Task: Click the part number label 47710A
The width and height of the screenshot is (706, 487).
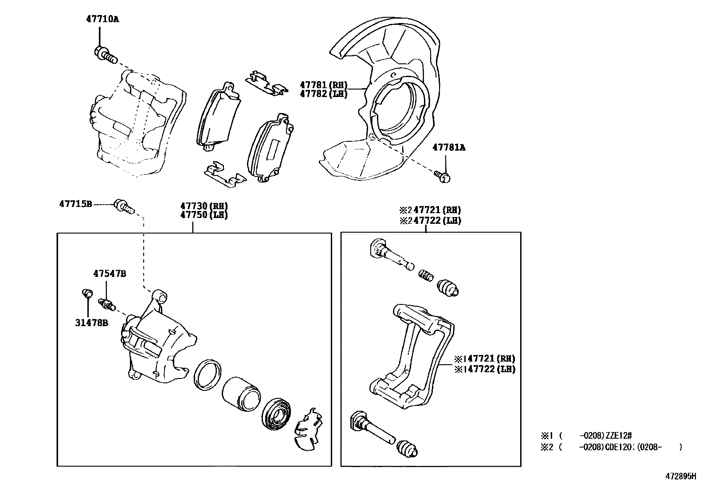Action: (102, 19)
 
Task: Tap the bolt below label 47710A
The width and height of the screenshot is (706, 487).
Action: (105, 55)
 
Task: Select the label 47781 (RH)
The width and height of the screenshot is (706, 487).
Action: (323, 85)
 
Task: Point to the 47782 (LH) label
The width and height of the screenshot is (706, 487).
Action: (323, 94)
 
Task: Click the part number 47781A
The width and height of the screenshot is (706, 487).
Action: (449, 148)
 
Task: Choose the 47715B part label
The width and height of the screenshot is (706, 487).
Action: (75, 204)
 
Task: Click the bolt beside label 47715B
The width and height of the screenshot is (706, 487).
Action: (124, 206)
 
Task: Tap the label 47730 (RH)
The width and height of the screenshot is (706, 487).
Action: (204, 206)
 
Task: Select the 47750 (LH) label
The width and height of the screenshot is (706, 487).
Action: (204, 215)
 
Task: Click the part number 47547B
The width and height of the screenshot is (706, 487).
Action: (109, 274)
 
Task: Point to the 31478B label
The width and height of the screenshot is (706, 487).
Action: (91, 323)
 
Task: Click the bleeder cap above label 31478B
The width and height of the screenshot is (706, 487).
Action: (87, 293)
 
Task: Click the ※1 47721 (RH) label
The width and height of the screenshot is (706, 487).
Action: (484, 358)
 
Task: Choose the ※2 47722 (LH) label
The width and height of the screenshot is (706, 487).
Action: (430, 220)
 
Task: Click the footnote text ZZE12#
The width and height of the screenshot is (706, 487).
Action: (612, 436)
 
